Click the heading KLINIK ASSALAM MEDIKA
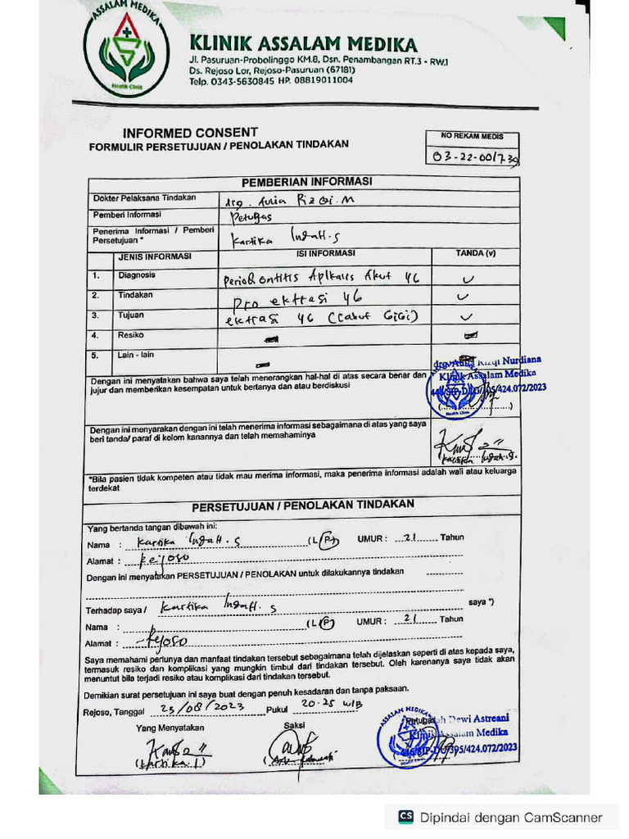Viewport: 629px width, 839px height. click(303, 44)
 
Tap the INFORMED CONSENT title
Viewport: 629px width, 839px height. click(190, 132)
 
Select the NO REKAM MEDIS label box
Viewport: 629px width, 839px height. click(473, 137)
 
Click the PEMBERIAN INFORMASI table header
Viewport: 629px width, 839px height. click(306, 182)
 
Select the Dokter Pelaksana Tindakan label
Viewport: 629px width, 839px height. click(144, 198)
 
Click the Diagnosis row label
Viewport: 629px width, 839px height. click(136, 275)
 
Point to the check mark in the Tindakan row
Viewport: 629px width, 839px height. click(465, 297)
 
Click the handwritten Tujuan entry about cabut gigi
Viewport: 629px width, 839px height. click(321, 316)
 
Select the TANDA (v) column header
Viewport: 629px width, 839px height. click(475, 254)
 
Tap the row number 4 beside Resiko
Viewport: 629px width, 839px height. click(96, 336)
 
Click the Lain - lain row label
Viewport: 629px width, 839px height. click(136, 356)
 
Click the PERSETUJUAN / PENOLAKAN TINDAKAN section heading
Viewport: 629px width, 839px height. click(303, 505)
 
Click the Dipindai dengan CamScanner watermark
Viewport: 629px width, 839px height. click(500, 816)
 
